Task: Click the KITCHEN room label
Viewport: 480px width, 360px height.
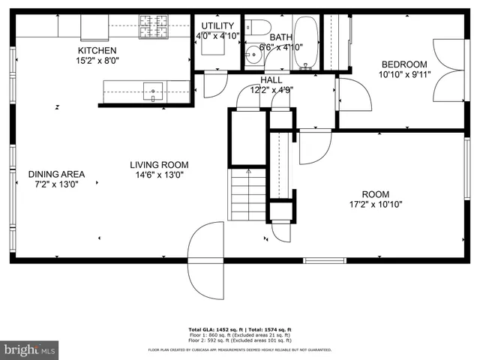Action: point(97,50)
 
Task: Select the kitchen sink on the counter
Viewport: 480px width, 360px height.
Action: point(153,91)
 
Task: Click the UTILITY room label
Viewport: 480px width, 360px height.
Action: point(217,25)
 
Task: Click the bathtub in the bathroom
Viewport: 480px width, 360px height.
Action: point(305,43)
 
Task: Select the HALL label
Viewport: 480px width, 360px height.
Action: point(271,79)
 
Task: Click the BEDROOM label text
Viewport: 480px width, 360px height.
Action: point(404,64)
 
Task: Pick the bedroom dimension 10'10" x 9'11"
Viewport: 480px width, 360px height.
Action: point(404,74)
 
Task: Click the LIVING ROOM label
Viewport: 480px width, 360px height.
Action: point(159,164)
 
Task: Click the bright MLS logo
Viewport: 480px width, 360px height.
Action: point(30,349)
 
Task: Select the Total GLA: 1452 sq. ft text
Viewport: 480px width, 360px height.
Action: point(212,329)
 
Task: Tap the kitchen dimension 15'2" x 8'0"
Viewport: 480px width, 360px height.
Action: point(97,61)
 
